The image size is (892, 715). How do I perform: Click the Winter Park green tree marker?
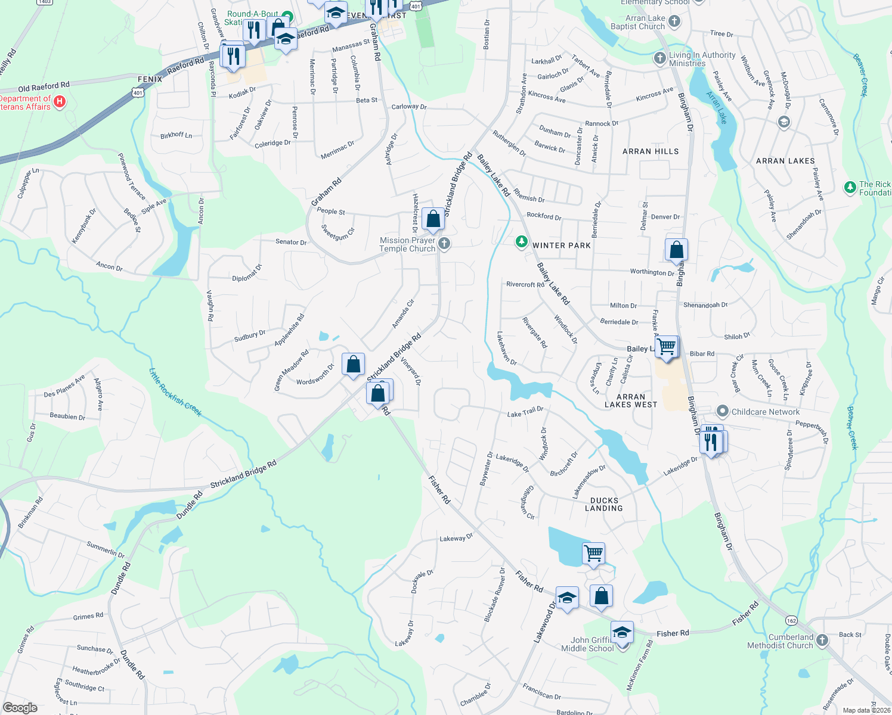point(522,241)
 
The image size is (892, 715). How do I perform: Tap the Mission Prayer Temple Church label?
point(408,245)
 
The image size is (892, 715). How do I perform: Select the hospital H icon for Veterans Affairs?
point(60,102)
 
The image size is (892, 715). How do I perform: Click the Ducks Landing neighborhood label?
point(604,504)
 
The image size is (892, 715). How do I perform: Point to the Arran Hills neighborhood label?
point(651,151)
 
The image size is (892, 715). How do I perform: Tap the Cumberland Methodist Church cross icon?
point(822,641)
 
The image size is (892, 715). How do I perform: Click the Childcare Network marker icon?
point(723,411)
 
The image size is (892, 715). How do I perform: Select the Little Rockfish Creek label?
point(175,391)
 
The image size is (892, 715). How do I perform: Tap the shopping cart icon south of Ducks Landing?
point(594,553)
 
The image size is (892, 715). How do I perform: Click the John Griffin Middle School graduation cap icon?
point(622,632)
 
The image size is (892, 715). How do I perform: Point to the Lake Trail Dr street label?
point(525,412)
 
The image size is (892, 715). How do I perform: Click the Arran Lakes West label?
point(631,400)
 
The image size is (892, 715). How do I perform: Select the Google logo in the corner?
point(20,708)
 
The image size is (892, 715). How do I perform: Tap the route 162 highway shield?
point(791,620)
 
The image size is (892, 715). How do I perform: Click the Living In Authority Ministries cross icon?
point(659,58)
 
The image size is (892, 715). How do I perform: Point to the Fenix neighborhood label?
point(150,79)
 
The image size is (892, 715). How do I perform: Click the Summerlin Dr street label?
point(106,549)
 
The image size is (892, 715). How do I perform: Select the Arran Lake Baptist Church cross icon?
point(674,22)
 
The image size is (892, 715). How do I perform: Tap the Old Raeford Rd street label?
point(44,87)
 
